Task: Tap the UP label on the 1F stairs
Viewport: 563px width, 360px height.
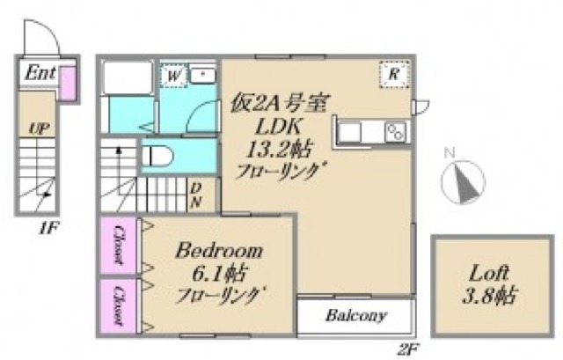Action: pos(39,129)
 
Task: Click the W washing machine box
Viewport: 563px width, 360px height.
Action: pos(174,77)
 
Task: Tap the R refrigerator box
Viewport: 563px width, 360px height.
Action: pos(393,75)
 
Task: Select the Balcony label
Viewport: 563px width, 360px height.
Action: pos(355,316)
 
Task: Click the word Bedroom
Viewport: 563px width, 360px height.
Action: pos(219,252)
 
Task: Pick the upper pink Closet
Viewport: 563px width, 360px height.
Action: pos(118,246)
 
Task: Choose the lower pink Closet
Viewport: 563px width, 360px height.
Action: pos(118,305)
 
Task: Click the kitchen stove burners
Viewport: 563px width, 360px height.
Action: pos(396,132)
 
